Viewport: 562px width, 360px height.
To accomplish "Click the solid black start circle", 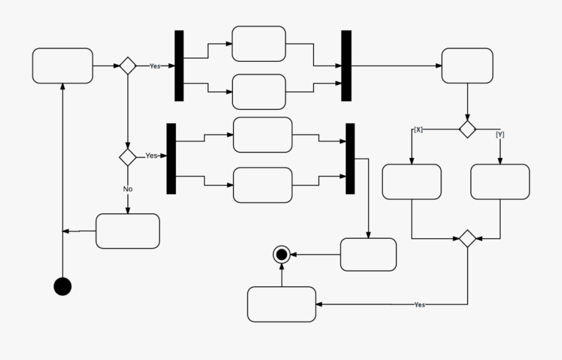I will [62, 286].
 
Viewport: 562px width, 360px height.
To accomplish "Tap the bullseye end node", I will [282, 254].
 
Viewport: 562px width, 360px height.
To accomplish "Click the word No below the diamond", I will [127, 189].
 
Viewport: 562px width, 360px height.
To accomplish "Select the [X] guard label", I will [418, 130].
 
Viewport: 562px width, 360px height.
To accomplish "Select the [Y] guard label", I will [500, 134].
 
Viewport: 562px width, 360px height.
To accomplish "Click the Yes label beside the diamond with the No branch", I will [151, 156].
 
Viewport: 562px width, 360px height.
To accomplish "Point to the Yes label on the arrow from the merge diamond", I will [420, 305].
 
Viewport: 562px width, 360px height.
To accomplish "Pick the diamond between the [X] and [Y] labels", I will [467, 129].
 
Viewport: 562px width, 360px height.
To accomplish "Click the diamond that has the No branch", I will [127, 157].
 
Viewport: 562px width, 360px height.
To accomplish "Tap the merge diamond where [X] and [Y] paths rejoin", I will [467, 238].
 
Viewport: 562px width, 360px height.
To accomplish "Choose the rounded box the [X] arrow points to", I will [412, 182].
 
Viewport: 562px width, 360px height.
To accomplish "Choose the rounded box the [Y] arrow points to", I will [500, 182].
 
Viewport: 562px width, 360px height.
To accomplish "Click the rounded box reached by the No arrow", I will [127, 231].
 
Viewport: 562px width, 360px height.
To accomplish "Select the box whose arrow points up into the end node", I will [282, 304].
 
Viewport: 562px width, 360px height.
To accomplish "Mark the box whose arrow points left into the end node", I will [368, 254].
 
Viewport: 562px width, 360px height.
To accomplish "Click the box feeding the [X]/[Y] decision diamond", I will [467, 66].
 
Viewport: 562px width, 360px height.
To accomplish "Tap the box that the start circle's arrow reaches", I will [62, 66].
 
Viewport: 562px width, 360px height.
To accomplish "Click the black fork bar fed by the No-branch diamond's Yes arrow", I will [171, 158].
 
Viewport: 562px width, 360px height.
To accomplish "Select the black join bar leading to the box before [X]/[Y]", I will [347, 66].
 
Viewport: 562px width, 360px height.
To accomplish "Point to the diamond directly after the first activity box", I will [127, 66].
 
